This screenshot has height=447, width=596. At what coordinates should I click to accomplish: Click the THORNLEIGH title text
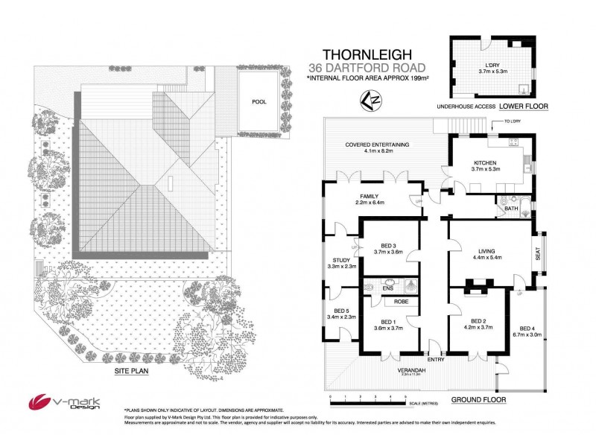pos(363,54)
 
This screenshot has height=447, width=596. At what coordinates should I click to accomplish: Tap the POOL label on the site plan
pos(259,101)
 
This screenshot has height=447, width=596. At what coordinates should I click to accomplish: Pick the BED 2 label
pos(477,318)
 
